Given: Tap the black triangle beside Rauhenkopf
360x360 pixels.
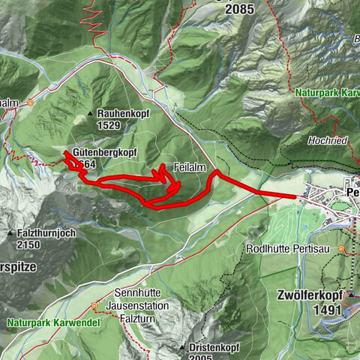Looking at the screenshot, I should click(x=91, y=113).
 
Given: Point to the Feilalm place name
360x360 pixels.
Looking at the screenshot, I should click(x=187, y=166).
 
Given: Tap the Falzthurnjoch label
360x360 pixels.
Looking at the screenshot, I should click(x=46, y=233).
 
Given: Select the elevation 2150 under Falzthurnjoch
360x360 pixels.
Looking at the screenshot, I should click(x=30, y=244).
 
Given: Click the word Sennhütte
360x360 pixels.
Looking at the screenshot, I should click(x=139, y=293).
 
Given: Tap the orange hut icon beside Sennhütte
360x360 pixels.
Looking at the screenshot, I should click(x=94, y=306).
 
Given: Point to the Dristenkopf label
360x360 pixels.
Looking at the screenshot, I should click(x=218, y=348).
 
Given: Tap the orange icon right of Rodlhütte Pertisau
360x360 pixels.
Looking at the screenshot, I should click(x=342, y=248).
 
